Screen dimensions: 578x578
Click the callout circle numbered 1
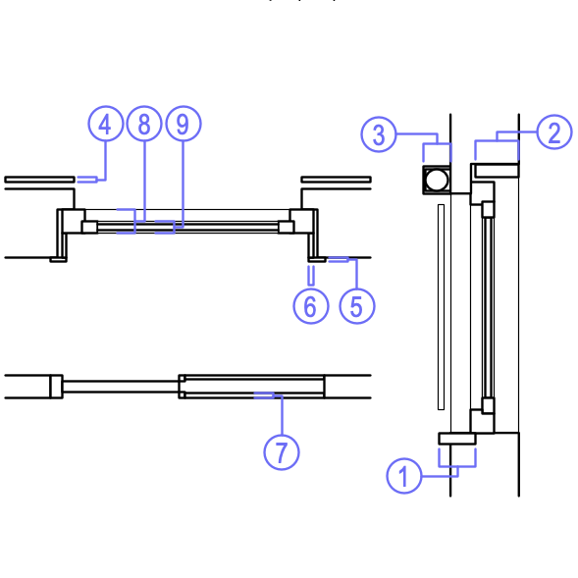point(404,476)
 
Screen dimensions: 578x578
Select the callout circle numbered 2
point(554,131)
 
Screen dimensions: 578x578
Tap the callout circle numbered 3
point(379,134)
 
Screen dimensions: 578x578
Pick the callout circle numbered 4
point(105,124)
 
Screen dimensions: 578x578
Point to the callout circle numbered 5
point(357,306)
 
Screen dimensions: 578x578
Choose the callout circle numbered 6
point(311,306)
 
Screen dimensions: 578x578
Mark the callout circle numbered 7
point(282,452)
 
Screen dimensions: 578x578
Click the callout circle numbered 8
point(144,124)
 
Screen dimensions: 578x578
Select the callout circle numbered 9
point(184,124)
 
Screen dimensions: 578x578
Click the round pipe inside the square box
point(437,180)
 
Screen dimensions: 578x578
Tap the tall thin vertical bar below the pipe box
point(441,307)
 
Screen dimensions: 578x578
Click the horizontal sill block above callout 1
point(457,439)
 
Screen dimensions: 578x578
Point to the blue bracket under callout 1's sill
point(457,467)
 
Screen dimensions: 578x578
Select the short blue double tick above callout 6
point(311,276)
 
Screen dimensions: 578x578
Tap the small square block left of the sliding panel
point(56,387)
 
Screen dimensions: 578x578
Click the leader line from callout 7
point(282,415)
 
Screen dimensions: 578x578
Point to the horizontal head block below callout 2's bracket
point(497,171)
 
